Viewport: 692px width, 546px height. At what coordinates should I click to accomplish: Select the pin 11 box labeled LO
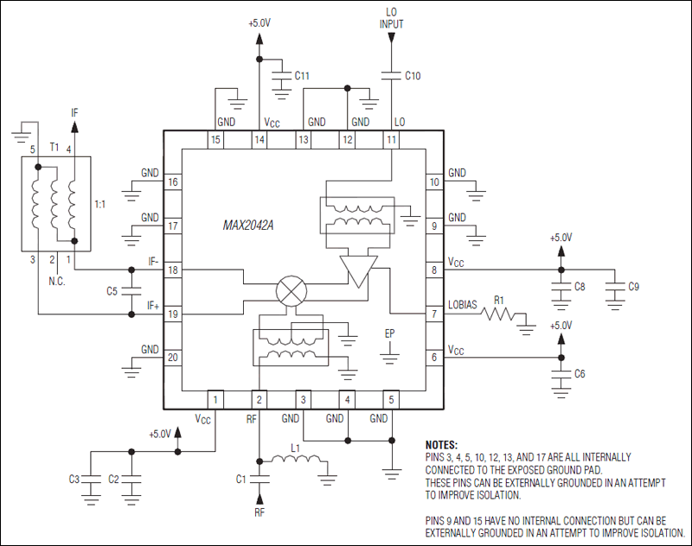click(392, 139)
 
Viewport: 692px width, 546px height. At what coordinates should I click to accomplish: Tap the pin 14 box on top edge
click(259, 139)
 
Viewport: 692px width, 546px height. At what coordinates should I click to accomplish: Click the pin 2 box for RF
click(259, 399)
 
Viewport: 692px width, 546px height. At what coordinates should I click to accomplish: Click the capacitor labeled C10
click(392, 76)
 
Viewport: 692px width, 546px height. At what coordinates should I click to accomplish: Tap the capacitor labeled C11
click(280, 77)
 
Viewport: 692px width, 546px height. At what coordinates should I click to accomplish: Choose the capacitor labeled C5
click(131, 291)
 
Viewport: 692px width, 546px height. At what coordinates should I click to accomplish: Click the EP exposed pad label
click(390, 333)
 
